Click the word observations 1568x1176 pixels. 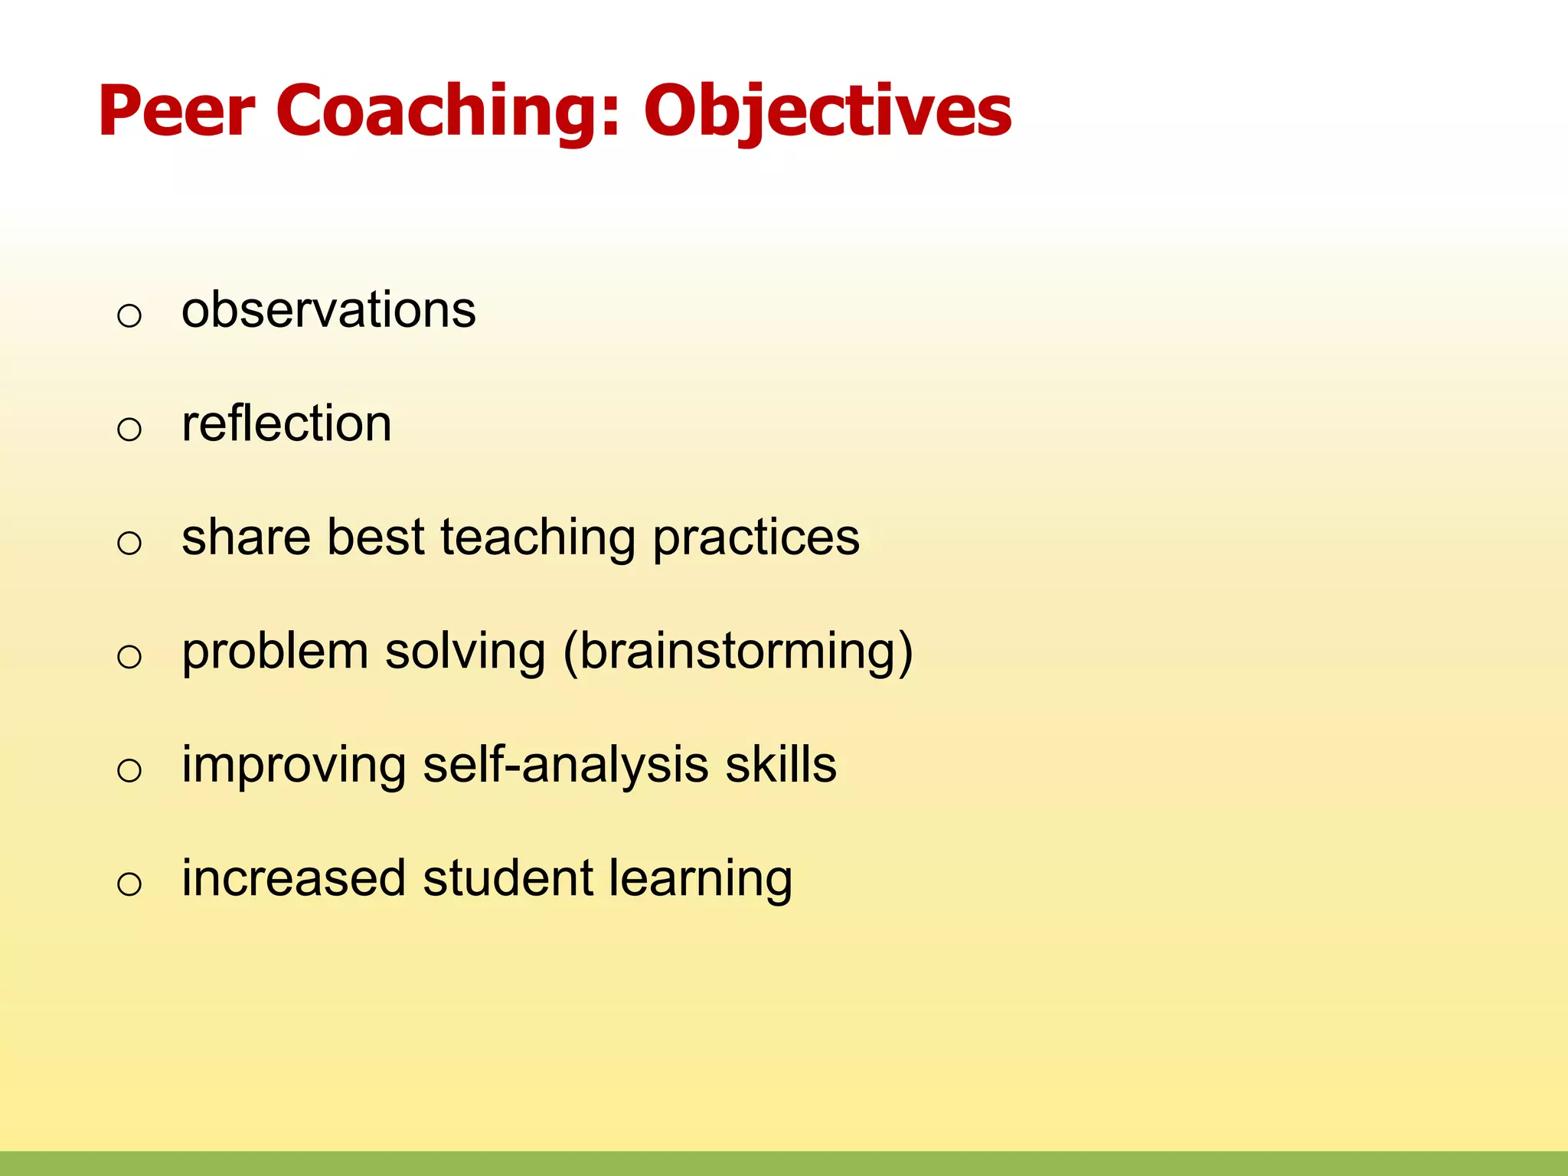point(328,310)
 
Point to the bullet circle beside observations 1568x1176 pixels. point(129,315)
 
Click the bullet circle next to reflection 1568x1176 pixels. point(129,429)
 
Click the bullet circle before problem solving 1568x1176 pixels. point(129,656)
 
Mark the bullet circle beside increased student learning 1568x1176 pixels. point(129,884)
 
